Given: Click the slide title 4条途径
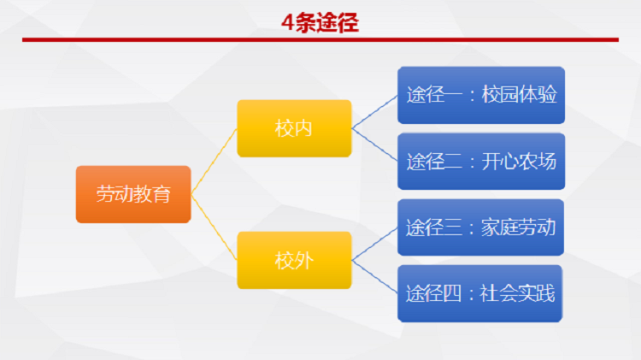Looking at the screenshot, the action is tap(320, 22).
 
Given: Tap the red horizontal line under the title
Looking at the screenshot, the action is tap(320, 39).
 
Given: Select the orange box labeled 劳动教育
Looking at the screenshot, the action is tap(133, 194).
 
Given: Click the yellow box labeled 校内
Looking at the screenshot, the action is tap(294, 128).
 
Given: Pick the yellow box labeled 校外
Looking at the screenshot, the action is tap(294, 260).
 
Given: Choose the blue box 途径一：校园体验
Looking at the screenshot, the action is tap(481, 95).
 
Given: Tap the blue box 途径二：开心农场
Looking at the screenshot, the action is tap(481, 161).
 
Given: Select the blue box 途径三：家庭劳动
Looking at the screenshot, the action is tap(480, 227).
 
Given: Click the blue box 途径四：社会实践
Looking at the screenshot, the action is tap(480, 293).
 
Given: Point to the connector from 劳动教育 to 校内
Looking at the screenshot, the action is tap(214, 162).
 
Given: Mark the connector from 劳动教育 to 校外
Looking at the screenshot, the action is tap(214, 227).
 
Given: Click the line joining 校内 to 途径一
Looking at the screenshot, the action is tap(374, 112).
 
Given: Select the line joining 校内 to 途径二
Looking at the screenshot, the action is tap(374, 145).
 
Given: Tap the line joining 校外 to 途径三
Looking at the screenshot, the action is tap(374, 244).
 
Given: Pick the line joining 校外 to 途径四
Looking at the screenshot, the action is tap(374, 276).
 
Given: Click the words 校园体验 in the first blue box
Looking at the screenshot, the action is tap(519, 95).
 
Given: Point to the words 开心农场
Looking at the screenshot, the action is tap(519, 161).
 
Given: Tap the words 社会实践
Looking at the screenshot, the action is tap(517, 293).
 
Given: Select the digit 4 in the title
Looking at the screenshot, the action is tap(288, 22).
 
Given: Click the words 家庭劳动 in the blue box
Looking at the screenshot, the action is tap(519, 227).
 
